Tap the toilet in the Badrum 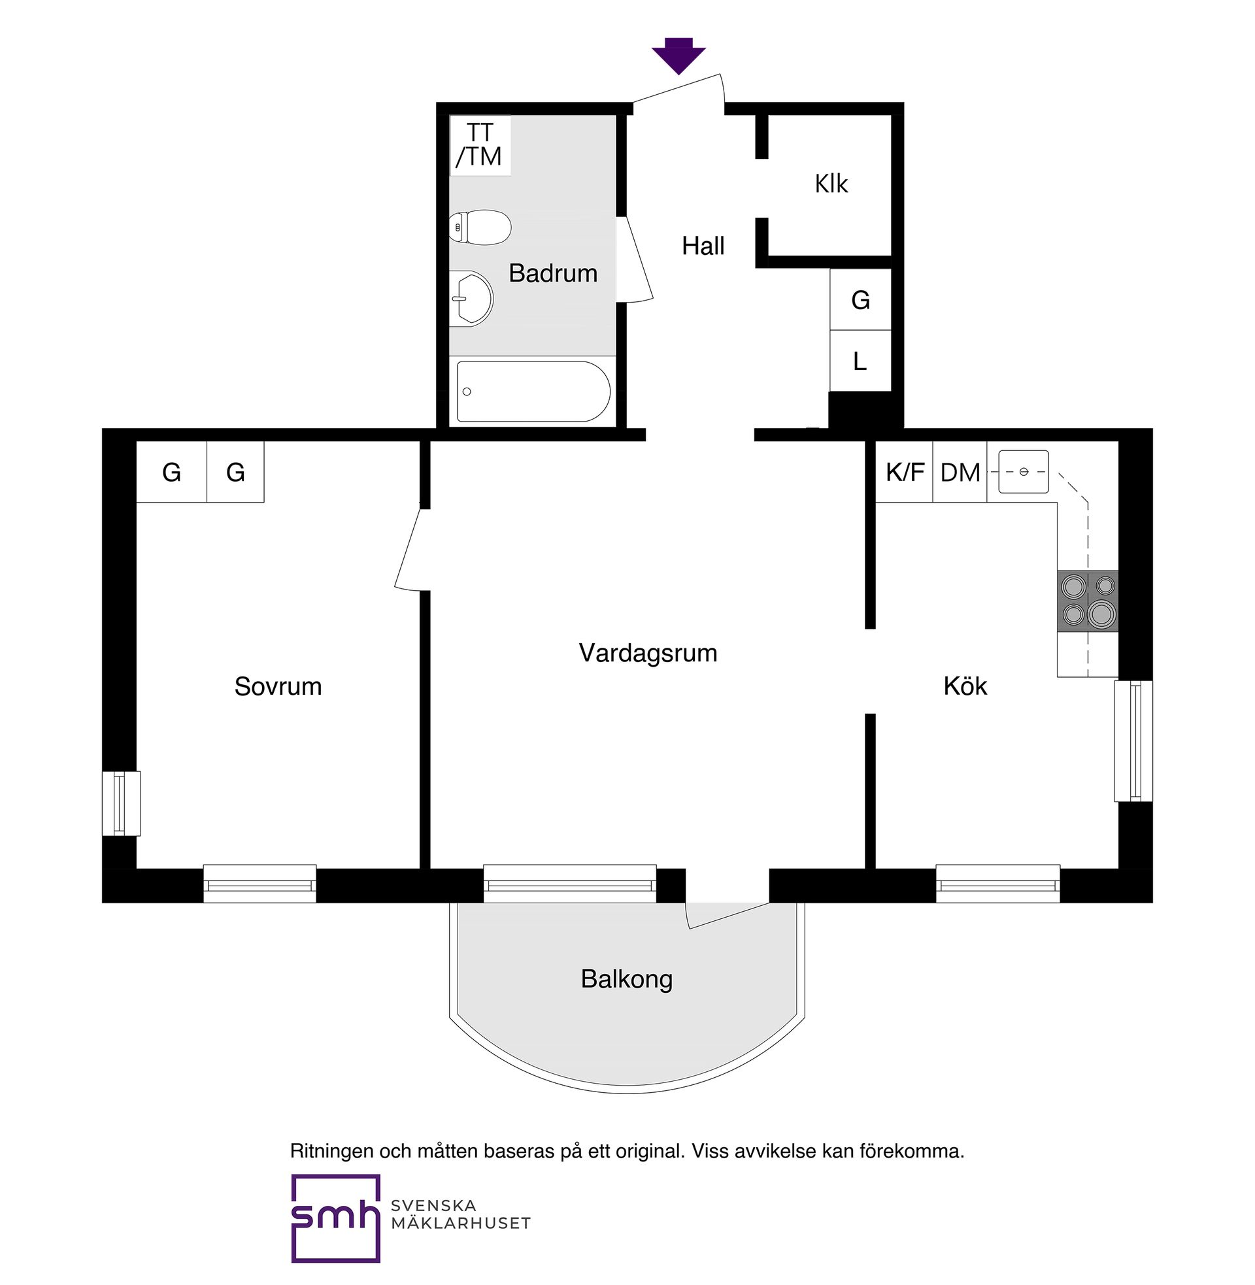coord(480,227)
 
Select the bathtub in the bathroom coord(533,392)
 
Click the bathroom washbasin coord(471,298)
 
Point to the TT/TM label coord(479,144)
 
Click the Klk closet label coord(831,184)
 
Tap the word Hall coord(703,246)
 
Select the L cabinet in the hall coord(860,360)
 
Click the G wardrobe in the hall coord(860,299)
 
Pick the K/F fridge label coord(905,472)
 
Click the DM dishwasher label coord(960,473)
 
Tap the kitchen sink coord(1023,472)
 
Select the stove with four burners coord(1088,600)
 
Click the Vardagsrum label coord(648,653)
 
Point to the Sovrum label coord(278,687)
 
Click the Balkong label coord(627,979)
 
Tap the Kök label coord(965,686)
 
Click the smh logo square coord(336,1218)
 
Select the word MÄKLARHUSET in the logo coord(461,1224)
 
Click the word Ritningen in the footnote coord(332,1151)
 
